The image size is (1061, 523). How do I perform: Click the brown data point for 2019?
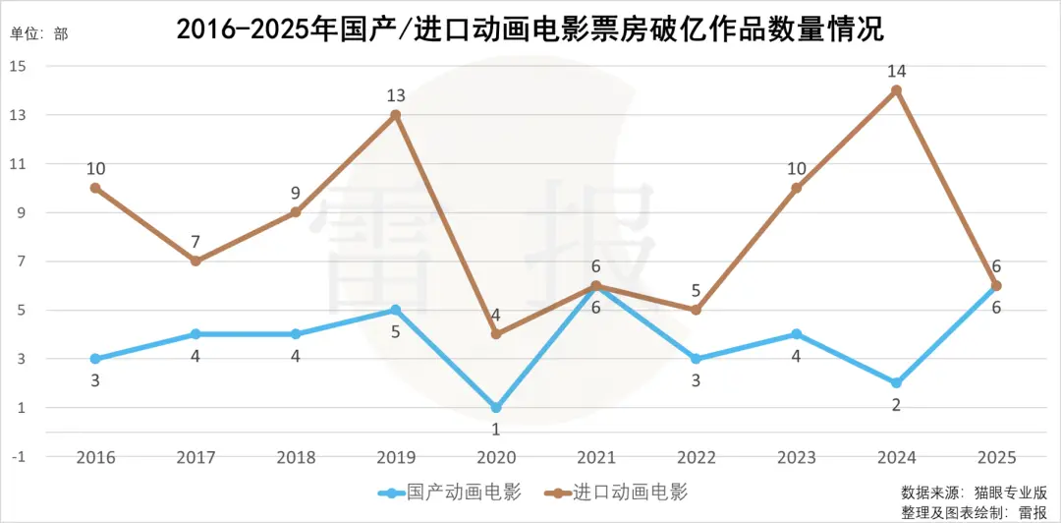pyautogui.click(x=396, y=115)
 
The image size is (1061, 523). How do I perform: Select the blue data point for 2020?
pyautogui.click(x=496, y=407)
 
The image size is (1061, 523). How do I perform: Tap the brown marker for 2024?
pyautogui.click(x=896, y=90)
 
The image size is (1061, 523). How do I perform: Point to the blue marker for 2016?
pyautogui.click(x=95, y=359)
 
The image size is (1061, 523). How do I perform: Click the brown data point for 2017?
pyautogui.click(x=195, y=261)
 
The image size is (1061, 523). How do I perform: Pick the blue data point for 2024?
pyautogui.click(x=896, y=382)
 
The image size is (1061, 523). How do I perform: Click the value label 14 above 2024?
pyautogui.click(x=896, y=71)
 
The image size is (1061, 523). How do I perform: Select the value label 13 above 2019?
pyautogui.click(x=396, y=95)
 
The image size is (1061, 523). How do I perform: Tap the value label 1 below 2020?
pyautogui.click(x=496, y=429)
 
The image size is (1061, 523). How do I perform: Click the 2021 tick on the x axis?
pyautogui.click(x=596, y=458)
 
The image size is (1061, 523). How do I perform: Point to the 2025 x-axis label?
pyautogui.click(x=996, y=458)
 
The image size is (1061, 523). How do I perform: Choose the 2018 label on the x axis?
pyautogui.click(x=296, y=458)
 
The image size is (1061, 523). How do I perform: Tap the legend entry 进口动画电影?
pyautogui.click(x=630, y=492)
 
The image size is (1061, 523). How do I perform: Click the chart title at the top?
pyautogui.click(x=530, y=29)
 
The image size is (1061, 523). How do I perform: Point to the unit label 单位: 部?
pyautogui.click(x=39, y=33)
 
